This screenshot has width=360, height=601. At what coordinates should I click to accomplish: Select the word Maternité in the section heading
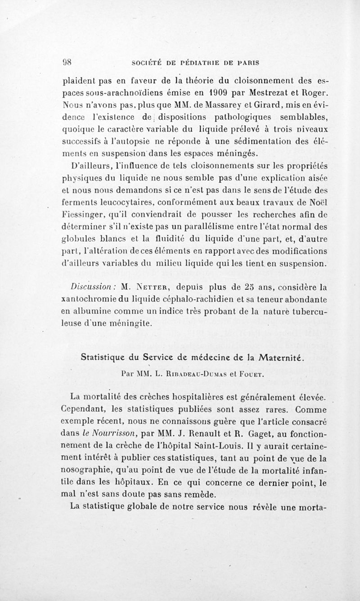(275, 358)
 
